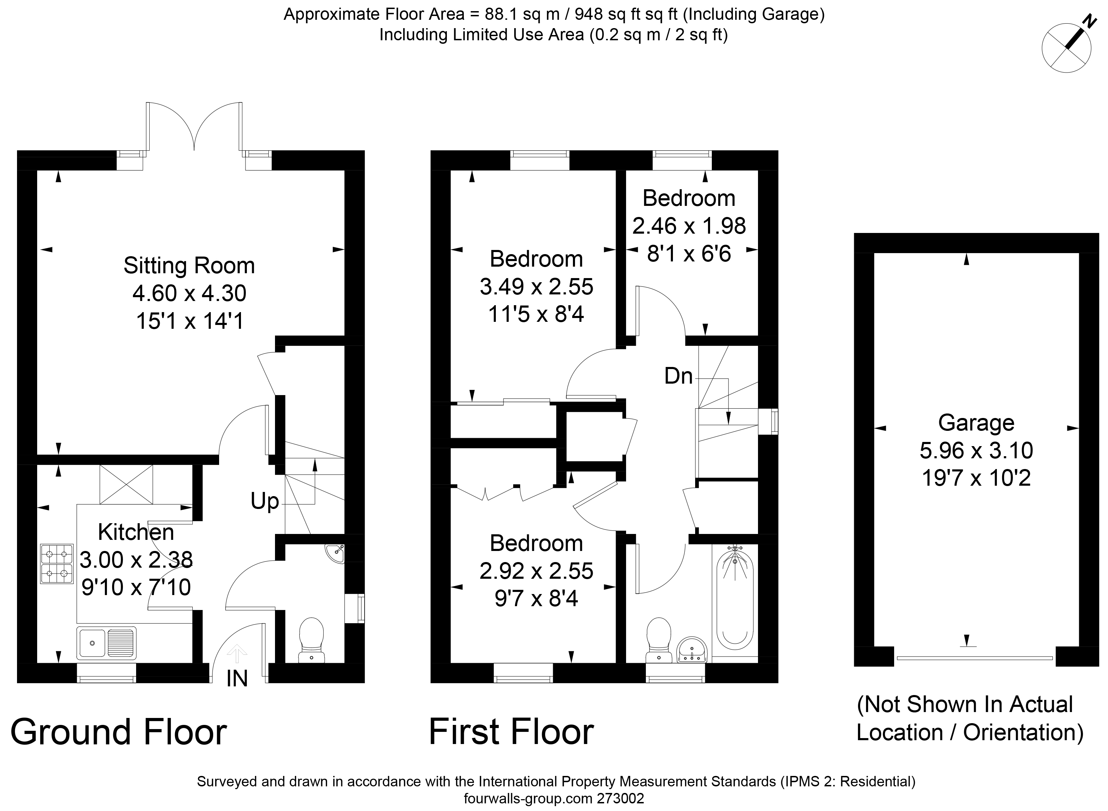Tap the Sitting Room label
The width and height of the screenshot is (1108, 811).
pos(189,266)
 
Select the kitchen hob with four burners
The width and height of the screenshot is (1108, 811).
pos(57,563)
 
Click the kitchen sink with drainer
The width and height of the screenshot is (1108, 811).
pos(107,643)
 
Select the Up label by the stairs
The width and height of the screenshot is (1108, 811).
pos(265,501)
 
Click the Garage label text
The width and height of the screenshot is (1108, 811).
pos(976,423)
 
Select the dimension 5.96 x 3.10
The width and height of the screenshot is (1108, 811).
pos(976,450)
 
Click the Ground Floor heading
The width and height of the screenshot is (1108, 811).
pos(119,732)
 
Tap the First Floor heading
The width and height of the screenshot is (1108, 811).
pos(511,732)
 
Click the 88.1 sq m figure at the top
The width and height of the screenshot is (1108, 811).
pos(522,14)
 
